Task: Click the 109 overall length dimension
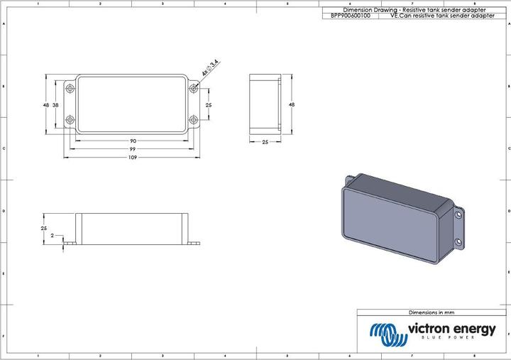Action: click(x=133, y=158)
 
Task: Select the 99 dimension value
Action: click(x=133, y=149)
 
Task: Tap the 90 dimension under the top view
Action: click(x=133, y=141)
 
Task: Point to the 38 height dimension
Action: click(x=55, y=104)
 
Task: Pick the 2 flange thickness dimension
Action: click(x=53, y=235)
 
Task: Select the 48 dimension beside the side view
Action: click(x=291, y=104)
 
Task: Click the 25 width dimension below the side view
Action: click(x=265, y=142)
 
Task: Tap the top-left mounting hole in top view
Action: click(x=70, y=88)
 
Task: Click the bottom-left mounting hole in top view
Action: click(x=70, y=120)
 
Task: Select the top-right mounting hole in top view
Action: click(x=194, y=88)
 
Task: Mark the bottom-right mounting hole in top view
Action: click(x=194, y=120)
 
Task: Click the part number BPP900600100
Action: click(x=351, y=15)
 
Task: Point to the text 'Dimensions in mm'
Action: click(x=431, y=312)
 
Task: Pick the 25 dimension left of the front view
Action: click(x=43, y=228)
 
